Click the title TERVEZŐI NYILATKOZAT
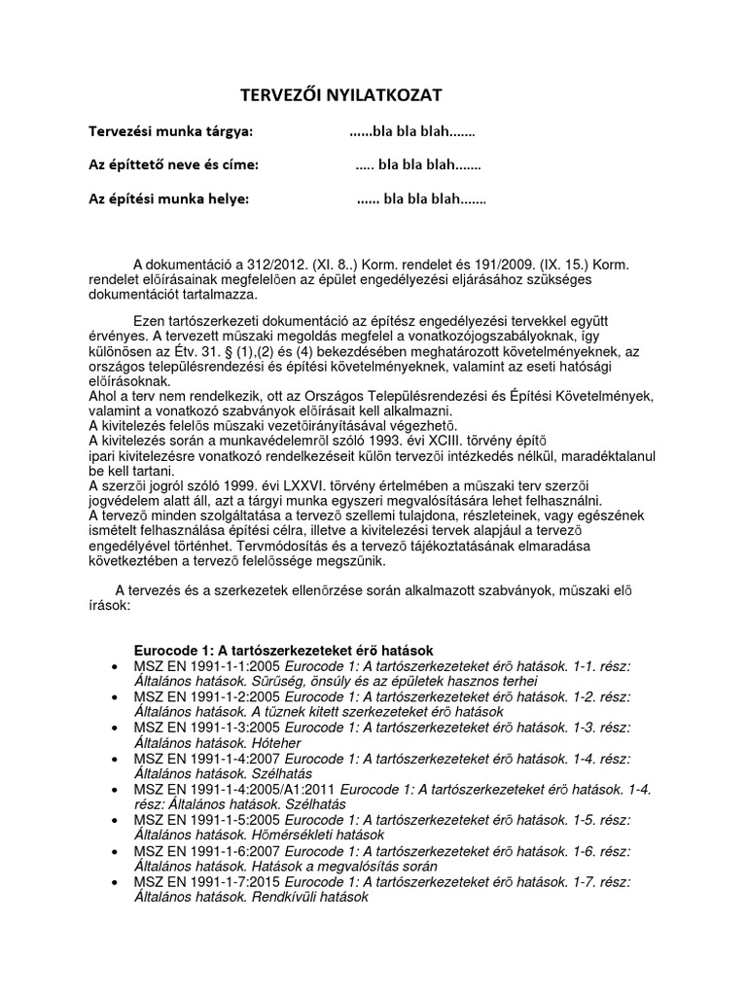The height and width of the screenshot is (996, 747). click(340, 95)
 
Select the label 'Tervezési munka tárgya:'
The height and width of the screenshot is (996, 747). click(170, 131)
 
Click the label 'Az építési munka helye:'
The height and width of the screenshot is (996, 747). click(168, 199)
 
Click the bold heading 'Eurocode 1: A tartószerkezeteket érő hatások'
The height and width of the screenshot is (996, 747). click(283, 650)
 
